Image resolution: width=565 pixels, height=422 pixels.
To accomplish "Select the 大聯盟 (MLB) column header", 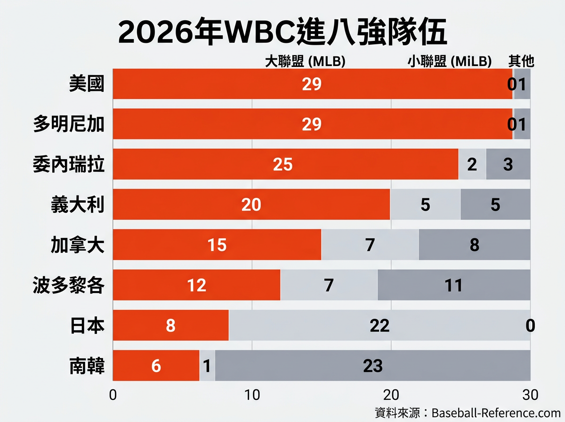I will pyautogui.click(x=306, y=61).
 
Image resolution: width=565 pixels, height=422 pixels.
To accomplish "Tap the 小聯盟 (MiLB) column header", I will pyautogui.click(x=450, y=61).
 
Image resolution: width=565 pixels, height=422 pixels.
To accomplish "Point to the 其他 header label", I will pyautogui.click(x=521, y=61).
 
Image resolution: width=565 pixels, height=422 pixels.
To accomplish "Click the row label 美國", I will pyautogui.click(x=86, y=84).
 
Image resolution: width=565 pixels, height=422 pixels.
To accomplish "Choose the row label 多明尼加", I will pyautogui.click(x=69, y=124).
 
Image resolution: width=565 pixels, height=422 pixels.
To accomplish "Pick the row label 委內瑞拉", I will pyautogui.click(x=69, y=164).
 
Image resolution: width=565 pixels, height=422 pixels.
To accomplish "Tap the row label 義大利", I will pyautogui.click(x=78, y=204).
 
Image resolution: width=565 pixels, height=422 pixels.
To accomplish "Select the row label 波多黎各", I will pyautogui.click(x=69, y=285).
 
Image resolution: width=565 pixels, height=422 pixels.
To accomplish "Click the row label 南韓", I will pyautogui.click(x=86, y=365).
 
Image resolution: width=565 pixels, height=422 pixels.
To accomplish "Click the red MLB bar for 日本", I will pyautogui.click(x=170, y=325).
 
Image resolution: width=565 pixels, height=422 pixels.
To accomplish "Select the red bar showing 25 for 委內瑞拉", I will pyautogui.click(x=285, y=164).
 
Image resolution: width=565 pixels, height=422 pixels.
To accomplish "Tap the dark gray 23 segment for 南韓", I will pyautogui.click(x=372, y=365).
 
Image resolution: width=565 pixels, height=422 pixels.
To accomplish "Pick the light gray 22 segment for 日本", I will pyautogui.click(x=379, y=325).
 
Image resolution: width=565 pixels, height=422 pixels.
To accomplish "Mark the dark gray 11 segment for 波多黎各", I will pyautogui.click(x=454, y=285).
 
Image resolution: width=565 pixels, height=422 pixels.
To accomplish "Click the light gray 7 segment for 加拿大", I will pyautogui.click(x=370, y=245).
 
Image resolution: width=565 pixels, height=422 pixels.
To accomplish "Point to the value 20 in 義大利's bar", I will pyautogui.click(x=251, y=205).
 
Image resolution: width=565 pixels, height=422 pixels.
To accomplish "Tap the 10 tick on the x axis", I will pyautogui.click(x=252, y=395).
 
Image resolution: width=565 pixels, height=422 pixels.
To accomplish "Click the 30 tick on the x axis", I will pyautogui.click(x=530, y=395).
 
